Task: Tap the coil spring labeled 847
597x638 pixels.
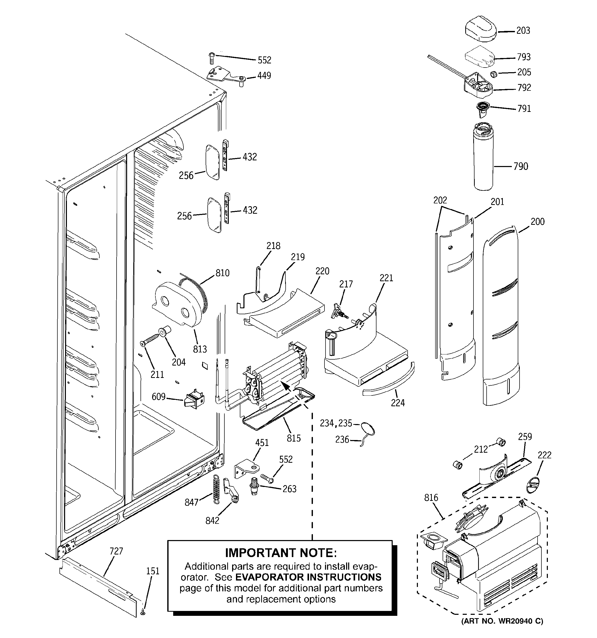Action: pyautogui.click(x=217, y=489)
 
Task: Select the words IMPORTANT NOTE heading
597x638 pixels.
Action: pyautogui.click(x=281, y=553)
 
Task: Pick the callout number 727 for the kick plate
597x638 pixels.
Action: pyautogui.click(x=116, y=551)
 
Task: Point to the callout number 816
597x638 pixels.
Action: pyautogui.click(x=431, y=498)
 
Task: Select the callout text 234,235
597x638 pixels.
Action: pyautogui.click(x=336, y=424)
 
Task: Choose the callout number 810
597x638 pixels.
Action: pyautogui.click(x=222, y=273)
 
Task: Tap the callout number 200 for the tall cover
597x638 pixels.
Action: pyautogui.click(x=537, y=222)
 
